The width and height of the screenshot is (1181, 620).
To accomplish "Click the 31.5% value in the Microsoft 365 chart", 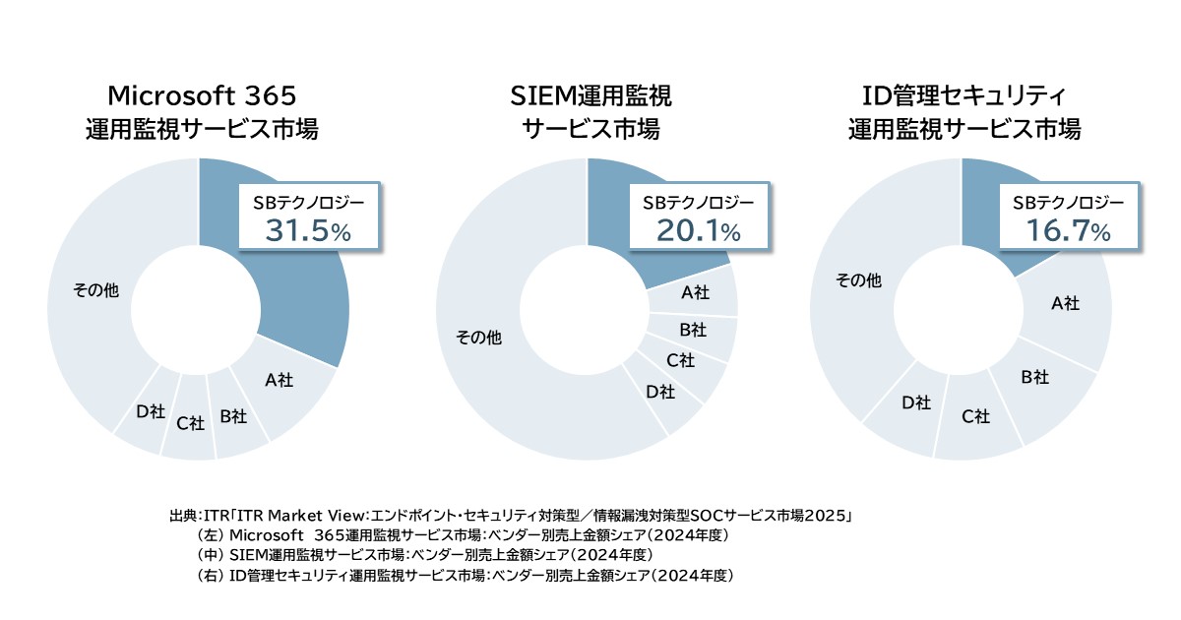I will tap(308, 231).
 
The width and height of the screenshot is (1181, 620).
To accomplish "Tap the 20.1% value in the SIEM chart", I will tap(698, 231).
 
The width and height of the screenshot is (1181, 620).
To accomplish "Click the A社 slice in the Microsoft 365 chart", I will tap(279, 379).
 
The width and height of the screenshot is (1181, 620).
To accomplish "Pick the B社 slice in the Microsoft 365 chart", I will tap(232, 417).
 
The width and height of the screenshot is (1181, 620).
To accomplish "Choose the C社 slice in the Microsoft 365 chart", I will tap(190, 423).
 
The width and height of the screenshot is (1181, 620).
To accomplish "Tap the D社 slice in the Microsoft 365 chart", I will tap(150, 411).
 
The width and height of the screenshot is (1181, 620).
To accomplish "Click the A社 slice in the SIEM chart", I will tap(696, 292).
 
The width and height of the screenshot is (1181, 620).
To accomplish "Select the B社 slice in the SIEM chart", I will tap(693, 329).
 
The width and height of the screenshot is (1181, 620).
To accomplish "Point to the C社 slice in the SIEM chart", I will tap(680, 360).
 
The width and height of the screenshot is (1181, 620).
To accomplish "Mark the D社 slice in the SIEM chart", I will tap(659, 392).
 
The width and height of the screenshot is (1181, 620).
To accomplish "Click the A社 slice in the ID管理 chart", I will tap(1065, 303).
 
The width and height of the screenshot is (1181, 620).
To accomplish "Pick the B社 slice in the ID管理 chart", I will tap(1034, 377).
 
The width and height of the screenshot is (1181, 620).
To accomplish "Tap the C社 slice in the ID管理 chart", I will tap(975, 417).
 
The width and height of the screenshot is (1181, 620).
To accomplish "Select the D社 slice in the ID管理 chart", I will tap(915, 402).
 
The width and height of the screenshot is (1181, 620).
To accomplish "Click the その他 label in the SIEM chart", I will tap(478, 338).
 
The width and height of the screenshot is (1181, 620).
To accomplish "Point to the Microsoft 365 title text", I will tap(202, 95).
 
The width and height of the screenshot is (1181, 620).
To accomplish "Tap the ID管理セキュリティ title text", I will tap(964, 95).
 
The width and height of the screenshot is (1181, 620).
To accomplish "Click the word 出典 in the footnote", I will tap(183, 515).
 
